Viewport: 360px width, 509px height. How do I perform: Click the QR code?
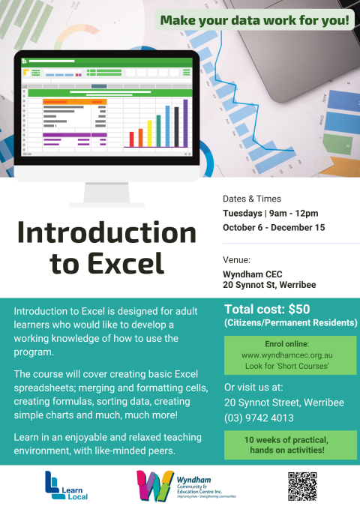click(x=302, y=486)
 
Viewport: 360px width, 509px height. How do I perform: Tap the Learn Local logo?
click(x=66, y=485)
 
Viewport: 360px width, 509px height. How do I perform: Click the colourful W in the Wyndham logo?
click(x=155, y=485)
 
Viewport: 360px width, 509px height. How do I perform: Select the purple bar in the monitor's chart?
click(x=185, y=124)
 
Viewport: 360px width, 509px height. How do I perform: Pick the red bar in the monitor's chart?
click(x=131, y=139)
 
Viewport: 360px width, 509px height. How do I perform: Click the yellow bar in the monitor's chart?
click(x=149, y=133)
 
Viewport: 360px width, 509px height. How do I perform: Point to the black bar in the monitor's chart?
click(x=176, y=127)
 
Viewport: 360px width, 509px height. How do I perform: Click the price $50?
click(x=299, y=310)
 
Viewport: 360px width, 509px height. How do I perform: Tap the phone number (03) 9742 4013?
click(x=259, y=418)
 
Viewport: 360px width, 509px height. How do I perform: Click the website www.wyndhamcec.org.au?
click(x=287, y=355)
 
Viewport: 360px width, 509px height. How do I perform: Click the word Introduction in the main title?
click(x=107, y=232)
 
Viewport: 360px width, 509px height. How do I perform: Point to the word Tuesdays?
click(x=242, y=214)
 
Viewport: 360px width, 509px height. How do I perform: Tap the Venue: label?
click(x=236, y=259)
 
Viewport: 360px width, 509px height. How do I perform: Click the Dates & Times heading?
click(x=252, y=199)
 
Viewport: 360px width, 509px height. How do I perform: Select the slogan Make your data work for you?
click(x=255, y=20)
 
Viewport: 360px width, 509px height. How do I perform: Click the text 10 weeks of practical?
click(x=286, y=440)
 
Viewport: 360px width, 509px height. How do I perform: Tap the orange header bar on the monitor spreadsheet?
click(x=75, y=102)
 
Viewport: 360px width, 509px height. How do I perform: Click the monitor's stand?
click(x=106, y=194)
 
